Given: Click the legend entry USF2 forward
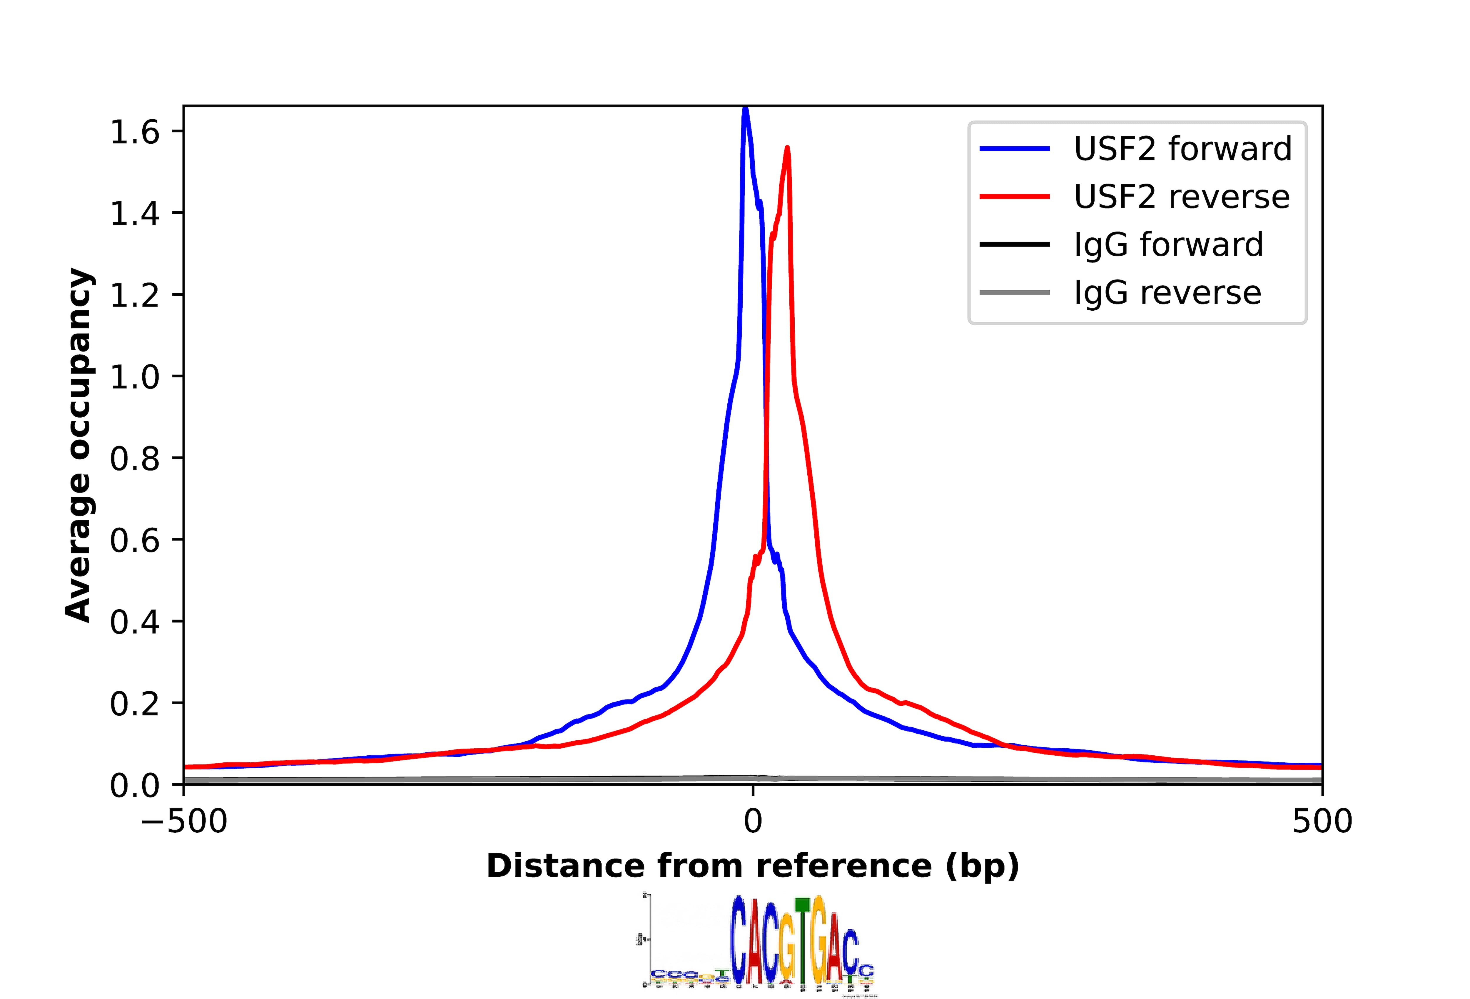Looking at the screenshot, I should point(1182,149).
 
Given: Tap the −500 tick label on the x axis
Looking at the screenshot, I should point(184,822).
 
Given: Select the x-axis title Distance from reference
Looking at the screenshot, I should point(753,866).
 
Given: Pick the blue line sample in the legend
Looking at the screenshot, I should point(1015,149).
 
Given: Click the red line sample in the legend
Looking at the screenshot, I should point(1015,197).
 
